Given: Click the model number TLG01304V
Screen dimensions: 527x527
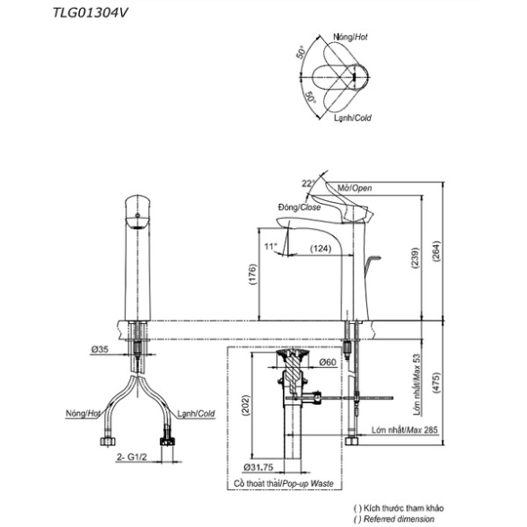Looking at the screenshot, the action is click(91, 13).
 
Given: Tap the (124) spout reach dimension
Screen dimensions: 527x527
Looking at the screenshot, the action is click(321, 249).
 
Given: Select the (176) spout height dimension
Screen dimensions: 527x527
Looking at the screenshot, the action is click(252, 274).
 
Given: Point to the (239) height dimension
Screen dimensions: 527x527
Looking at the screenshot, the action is click(416, 258).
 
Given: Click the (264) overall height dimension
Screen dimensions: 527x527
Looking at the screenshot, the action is click(436, 251).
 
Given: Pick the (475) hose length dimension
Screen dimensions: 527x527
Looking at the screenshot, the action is click(436, 382).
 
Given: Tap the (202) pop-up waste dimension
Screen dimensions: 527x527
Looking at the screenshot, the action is click(246, 405).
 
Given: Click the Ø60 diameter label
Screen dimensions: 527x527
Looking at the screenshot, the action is click(328, 362).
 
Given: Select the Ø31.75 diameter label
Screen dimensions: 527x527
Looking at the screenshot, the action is click(259, 467).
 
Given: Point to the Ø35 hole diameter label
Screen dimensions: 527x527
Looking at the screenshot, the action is click(100, 349).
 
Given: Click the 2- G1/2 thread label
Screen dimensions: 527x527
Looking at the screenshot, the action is click(132, 457).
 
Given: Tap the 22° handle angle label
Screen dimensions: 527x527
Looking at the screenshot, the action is click(308, 183).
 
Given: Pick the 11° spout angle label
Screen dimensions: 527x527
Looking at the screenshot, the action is click(270, 247).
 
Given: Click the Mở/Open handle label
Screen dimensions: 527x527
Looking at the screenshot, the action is click(355, 188).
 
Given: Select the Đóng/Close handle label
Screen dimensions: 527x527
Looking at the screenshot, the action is click(299, 207).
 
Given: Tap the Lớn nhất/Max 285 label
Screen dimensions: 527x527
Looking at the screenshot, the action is click(405, 430).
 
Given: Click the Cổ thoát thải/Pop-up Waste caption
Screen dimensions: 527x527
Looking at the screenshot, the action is click(284, 484).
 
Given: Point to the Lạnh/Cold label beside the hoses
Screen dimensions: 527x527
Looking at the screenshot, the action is click(196, 414).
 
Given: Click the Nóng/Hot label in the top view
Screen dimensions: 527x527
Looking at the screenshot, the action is click(350, 37).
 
